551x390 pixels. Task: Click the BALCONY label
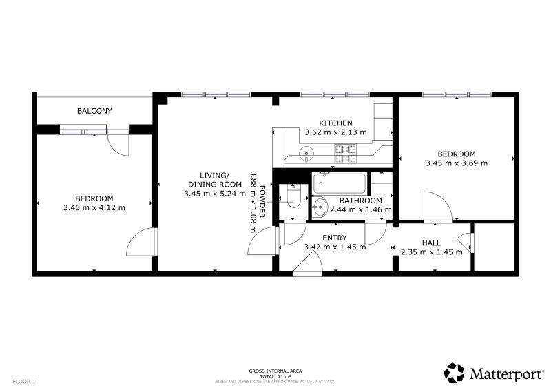coord(94,111)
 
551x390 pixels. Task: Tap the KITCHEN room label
coord(335,123)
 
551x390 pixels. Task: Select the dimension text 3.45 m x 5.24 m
coord(215,194)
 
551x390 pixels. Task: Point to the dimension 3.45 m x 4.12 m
coord(94,207)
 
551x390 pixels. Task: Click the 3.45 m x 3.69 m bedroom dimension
coord(457,163)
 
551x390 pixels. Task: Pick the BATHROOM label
coord(360,201)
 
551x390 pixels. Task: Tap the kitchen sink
coord(306,154)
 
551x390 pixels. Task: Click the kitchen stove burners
coord(346,154)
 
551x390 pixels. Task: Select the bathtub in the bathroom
coord(340,183)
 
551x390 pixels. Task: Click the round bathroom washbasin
coord(320,207)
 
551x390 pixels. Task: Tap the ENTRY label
coord(335,238)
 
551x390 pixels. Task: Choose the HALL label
coord(431,243)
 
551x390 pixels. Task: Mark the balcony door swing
coord(118,144)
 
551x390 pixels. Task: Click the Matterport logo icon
coord(454,373)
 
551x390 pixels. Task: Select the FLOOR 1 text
coord(24,382)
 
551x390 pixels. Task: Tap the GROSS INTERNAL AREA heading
coord(275,371)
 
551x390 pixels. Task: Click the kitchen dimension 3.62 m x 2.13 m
coord(335,132)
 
